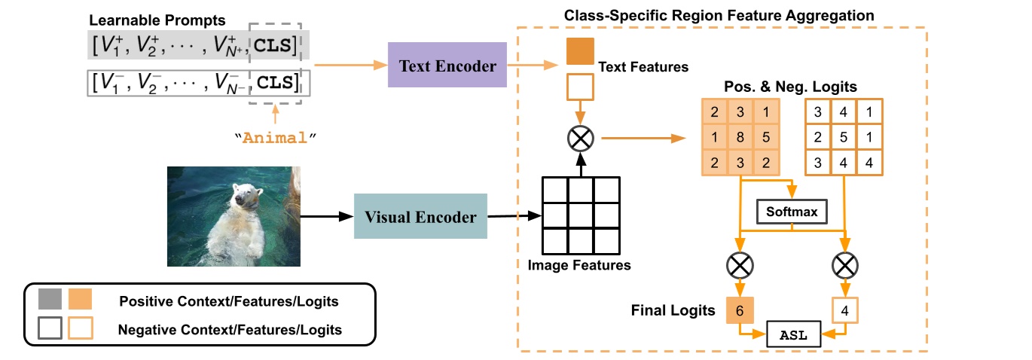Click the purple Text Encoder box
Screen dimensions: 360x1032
(x=448, y=66)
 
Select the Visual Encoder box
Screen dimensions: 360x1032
(x=420, y=217)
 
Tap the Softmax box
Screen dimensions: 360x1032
(x=791, y=212)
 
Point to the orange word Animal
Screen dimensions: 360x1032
(x=276, y=138)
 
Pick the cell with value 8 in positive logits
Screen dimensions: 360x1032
(x=740, y=139)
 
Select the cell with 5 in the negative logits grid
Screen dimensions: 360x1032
(x=844, y=139)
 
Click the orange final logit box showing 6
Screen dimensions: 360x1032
(x=740, y=310)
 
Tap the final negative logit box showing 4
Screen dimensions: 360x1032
(x=844, y=310)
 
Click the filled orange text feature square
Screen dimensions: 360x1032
(x=580, y=51)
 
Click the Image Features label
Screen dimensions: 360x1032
(x=579, y=265)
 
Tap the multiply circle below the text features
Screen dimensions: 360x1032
(x=580, y=138)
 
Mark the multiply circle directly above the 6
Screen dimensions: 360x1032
(x=740, y=264)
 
